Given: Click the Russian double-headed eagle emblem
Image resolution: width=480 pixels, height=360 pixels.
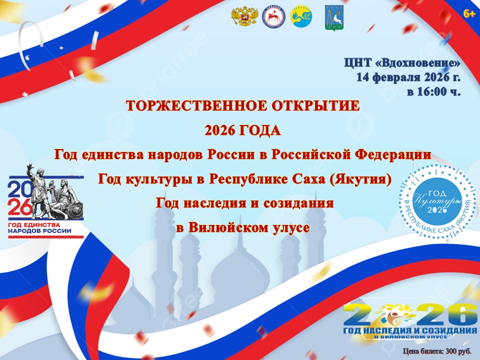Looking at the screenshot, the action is [x=244, y=17].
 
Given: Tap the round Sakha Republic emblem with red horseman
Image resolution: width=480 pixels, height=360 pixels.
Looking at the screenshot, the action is [x=273, y=17].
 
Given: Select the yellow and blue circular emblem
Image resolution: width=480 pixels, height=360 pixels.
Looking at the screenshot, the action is [x=301, y=17].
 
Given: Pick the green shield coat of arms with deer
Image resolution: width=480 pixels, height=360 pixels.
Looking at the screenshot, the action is [x=334, y=17].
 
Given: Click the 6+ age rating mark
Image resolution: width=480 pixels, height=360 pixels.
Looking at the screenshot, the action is [x=469, y=13].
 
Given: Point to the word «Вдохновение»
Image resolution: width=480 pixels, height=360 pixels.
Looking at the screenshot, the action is [x=417, y=63].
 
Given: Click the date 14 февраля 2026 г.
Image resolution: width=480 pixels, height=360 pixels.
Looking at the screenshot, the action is [x=408, y=77].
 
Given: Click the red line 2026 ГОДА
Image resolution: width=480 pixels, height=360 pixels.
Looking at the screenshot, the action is [x=242, y=130].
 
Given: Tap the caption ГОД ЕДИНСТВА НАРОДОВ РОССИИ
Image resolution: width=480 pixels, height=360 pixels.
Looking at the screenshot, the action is [x=39, y=228].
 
